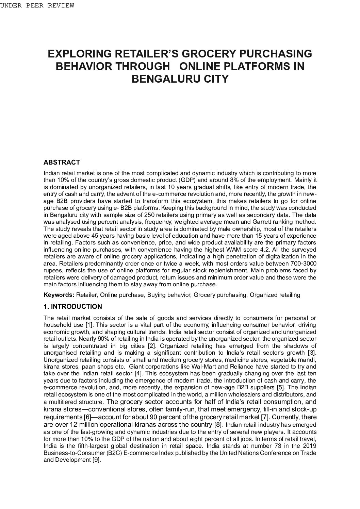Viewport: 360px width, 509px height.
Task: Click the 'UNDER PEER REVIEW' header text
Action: pyautogui.click(x=37, y=6)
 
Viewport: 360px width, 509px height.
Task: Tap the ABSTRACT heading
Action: pyautogui.click(x=62, y=162)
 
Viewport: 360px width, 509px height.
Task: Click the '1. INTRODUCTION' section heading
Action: pyautogui.click(x=73, y=307)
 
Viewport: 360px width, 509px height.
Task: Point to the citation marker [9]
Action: pyautogui.click(x=97, y=460)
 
